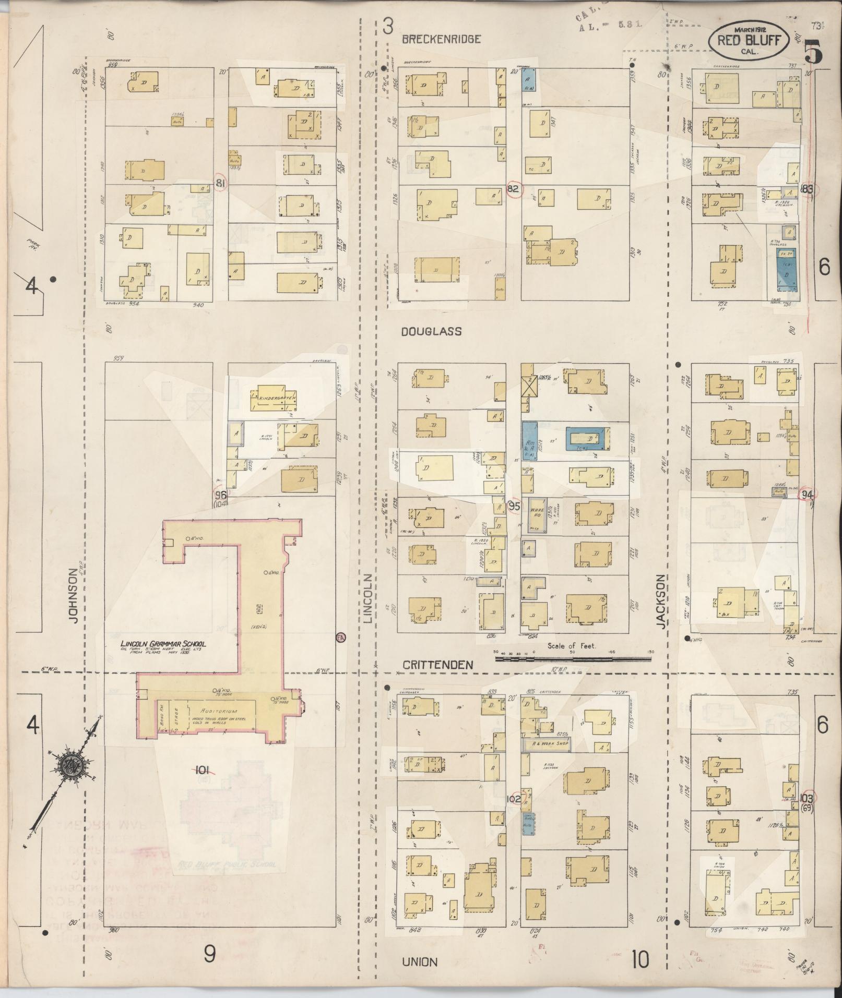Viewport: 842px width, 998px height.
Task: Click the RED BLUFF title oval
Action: [x=749, y=40]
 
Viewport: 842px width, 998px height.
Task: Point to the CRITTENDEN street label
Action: [x=438, y=665]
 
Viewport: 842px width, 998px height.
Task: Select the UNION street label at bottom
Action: [x=420, y=961]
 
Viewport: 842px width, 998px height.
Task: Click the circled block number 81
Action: [x=220, y=183]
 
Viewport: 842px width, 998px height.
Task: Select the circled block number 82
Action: [x=513, y=189]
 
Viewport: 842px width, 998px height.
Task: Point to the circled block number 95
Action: [x=514, y=506]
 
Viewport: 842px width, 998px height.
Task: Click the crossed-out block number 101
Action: [x=203, y=768]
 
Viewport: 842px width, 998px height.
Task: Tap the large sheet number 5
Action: [x=814, y=52]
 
